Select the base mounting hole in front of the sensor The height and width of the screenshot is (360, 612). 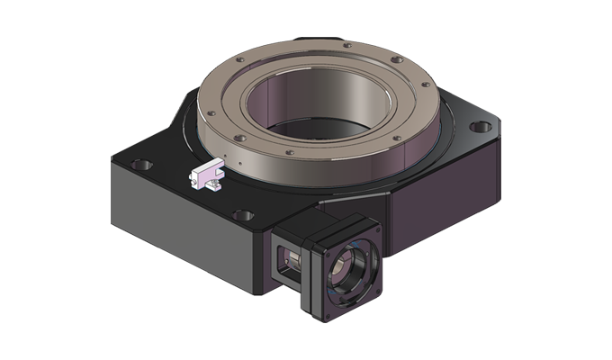[240, 215]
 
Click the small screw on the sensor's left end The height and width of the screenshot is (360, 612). [193, 177]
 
